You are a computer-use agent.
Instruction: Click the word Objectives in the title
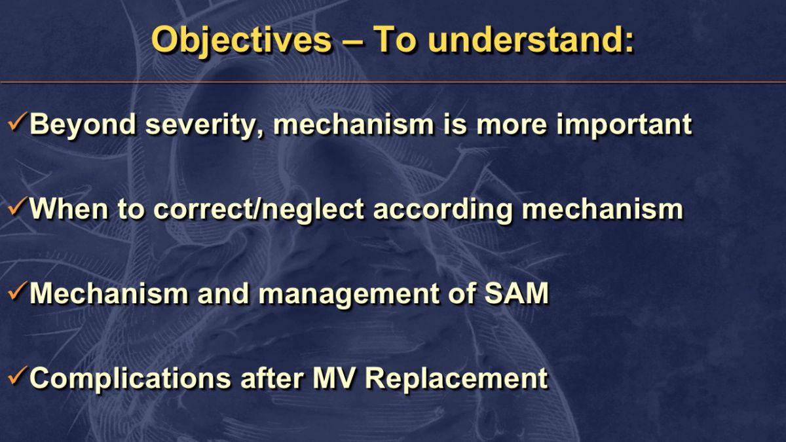[242, 41]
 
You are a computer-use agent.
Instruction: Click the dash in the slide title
[352, 41]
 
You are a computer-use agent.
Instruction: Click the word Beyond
[83, 125]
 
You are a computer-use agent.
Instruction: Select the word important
[624, 124]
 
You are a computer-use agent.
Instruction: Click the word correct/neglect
[259, 210]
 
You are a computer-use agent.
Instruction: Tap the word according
[443, 210]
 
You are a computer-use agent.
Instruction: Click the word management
[348, 295]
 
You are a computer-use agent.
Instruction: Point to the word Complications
[130, 379]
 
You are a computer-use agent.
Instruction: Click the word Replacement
[456, 379]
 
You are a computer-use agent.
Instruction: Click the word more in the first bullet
[511, 126]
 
